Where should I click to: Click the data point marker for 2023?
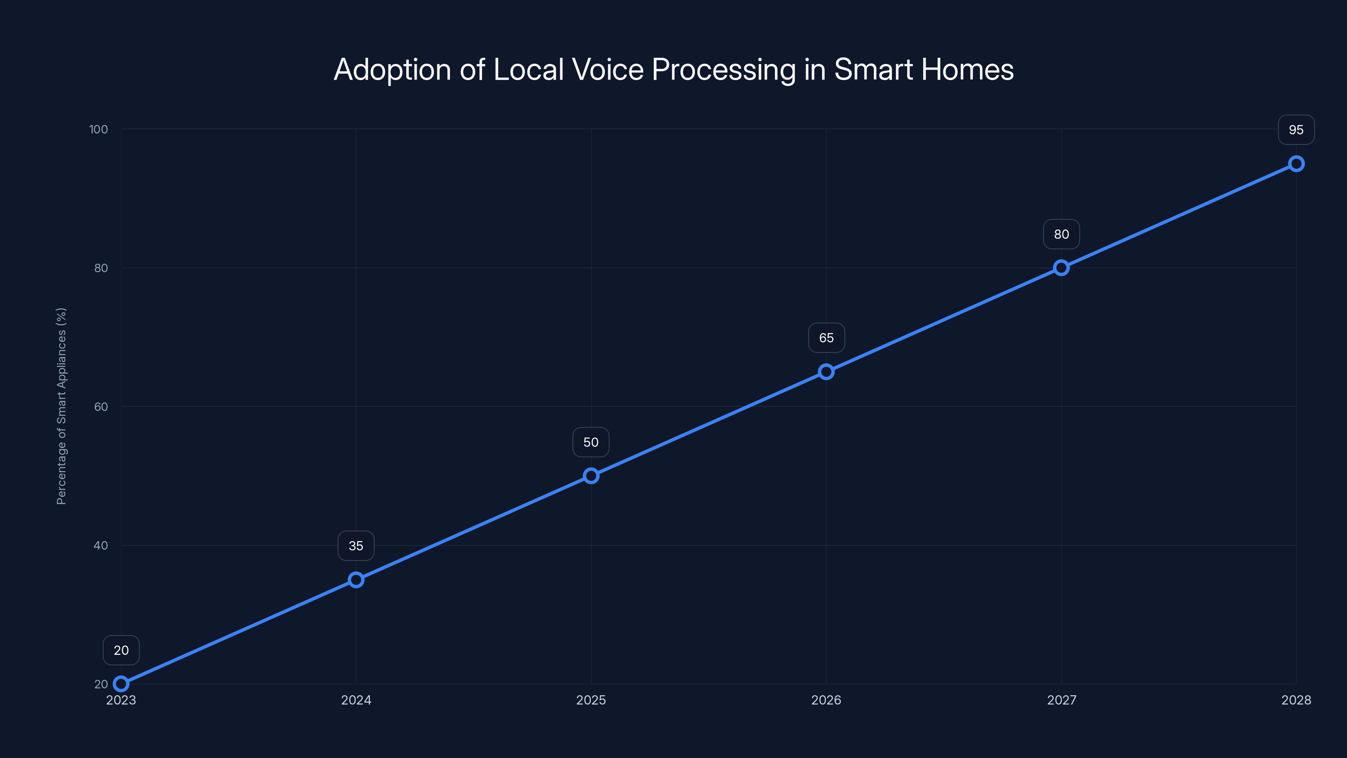121,684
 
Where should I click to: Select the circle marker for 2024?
356,579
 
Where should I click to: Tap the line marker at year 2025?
591,475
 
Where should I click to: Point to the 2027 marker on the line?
1061,268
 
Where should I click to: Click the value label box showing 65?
826,338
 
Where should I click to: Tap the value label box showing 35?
356,546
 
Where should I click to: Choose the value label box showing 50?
591,442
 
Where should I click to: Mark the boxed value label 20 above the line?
121,650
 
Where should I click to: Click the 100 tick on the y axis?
98,129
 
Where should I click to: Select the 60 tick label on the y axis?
101,406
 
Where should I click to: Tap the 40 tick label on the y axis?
101,545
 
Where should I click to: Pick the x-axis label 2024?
356,700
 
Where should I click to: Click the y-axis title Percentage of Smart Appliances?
61,406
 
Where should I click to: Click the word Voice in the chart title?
607,69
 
